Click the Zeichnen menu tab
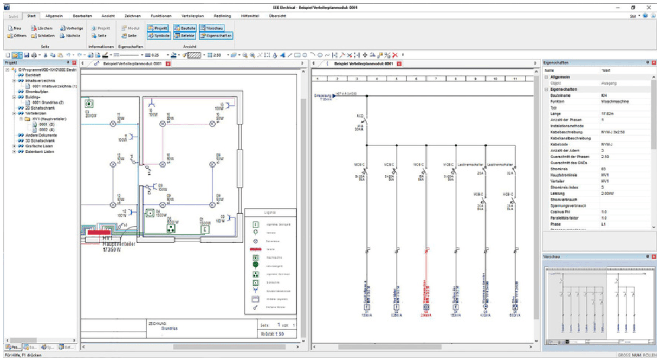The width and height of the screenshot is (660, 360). pos(132,16)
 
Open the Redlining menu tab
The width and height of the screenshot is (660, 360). pos(222,16)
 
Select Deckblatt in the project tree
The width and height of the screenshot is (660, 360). pos(34,76)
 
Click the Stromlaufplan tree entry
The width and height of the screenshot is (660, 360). pos(37,92)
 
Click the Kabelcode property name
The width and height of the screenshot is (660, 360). pos(560,144)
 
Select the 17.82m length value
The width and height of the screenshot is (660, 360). pos(608,113)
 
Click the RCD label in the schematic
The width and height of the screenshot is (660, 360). pos(359,116)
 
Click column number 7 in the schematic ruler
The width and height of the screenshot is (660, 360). pos(416,79)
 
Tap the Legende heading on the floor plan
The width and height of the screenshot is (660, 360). pos(270,213)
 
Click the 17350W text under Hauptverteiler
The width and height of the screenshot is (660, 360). pos(114,252)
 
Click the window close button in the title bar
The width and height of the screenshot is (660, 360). pos(649,8)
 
